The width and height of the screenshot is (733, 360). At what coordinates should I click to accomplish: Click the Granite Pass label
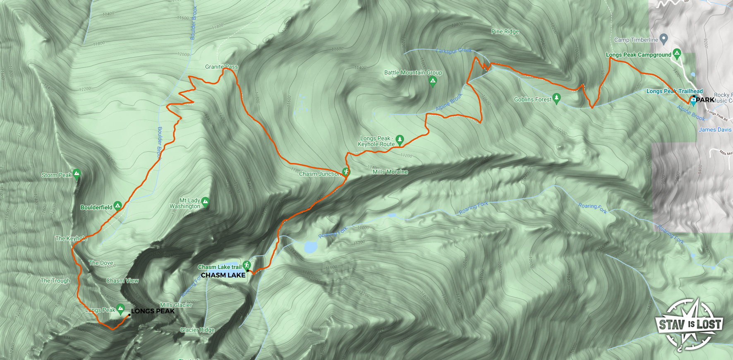[x=221, y=67]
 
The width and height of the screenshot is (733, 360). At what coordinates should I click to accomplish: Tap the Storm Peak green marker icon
[x=76, y=174]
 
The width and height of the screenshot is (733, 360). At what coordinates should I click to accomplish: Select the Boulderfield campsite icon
[x=117, y=206]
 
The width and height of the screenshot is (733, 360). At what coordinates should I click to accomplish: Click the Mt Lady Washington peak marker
[x=205, y=202]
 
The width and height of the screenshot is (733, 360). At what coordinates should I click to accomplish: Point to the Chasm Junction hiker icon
[x=346, y=172]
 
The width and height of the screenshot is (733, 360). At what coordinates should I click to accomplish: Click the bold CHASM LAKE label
[x=223, y=275]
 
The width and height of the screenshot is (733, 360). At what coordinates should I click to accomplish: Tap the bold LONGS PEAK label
[x=153, y=311]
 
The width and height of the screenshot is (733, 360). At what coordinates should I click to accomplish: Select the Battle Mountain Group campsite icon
[x=433, y=81]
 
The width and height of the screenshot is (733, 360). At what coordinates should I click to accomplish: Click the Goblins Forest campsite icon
[x=556, y=98]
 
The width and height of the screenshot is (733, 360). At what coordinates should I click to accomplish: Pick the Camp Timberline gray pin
[x=664, y=39]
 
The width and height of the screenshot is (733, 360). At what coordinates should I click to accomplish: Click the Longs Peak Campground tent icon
[x=677, y=53]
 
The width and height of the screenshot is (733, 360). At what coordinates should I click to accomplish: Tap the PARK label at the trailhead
[x=705, y=100]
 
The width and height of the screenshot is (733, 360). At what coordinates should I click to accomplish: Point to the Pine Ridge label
[x=505, y=31]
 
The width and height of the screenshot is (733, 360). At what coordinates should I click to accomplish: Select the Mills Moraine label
[x=390, y=172]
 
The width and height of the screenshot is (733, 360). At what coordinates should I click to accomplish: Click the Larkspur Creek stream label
[x=454, y=50]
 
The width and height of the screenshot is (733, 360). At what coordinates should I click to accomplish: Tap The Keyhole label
[x=71, y=238]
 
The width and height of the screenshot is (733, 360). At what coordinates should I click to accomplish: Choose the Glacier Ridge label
[x=197, y=330]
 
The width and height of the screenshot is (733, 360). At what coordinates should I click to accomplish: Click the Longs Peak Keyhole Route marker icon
[x=400, y=139]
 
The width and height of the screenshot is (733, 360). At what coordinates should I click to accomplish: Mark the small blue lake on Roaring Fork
[x=311, y=247]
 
